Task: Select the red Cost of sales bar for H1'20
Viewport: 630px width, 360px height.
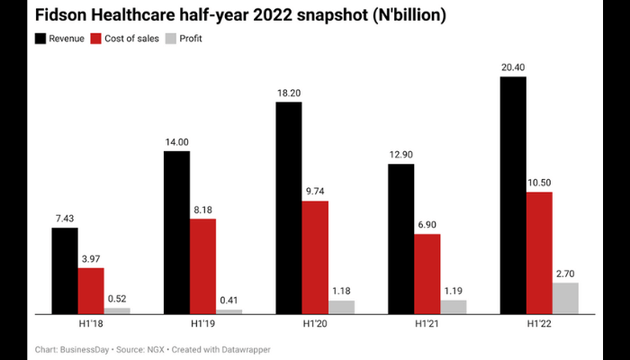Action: point(315,256)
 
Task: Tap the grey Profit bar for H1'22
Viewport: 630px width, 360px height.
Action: point(565,298)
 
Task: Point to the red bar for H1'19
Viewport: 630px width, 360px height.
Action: point(203,265)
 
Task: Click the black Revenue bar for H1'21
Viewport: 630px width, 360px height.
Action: point(401,238)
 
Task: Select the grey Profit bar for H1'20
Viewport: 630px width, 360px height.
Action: point(341,307)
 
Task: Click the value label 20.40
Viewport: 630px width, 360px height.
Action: point(513,67)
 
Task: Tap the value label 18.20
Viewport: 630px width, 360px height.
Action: point(289,92)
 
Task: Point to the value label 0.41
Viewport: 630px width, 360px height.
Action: point(229,299)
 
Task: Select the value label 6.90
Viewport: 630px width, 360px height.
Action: point(427,224)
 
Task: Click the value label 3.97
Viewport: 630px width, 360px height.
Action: point(91,257)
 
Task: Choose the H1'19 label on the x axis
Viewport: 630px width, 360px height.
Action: point(202,324)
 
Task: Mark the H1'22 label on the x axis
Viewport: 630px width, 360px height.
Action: point(539,324)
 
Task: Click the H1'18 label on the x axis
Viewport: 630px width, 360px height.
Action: point(91,324)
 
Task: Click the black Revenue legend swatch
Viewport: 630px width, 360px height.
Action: point(41,39)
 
